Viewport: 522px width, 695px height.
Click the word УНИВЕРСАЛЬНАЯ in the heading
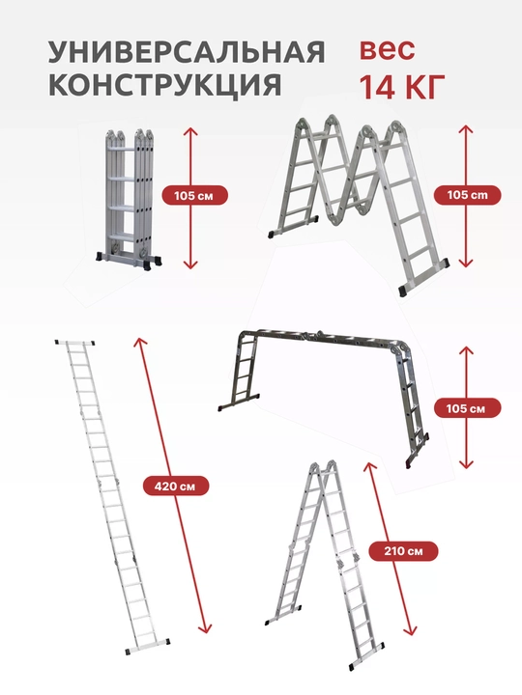pos(187,52)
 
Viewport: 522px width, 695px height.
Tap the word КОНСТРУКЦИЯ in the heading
pos(164,84)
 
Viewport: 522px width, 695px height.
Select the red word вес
pos(387,49)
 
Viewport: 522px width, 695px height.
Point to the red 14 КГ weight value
pos(402,87)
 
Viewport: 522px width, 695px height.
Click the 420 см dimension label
pos(175,486)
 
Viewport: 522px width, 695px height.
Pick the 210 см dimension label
pos(403,551)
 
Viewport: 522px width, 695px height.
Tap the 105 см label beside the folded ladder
pos(194,195)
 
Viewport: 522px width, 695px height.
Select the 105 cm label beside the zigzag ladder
pos(467,195)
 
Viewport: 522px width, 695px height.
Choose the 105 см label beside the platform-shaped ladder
pos(467,408)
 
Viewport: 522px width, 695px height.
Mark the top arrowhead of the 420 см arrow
pos(139,342)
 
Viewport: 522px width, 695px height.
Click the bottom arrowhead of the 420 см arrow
pos(205,628)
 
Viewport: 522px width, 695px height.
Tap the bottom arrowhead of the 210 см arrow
pos(411,631)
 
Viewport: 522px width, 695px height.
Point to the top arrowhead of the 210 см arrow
pos(369,466)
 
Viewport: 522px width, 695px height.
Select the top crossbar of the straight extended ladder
pos(75,343)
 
